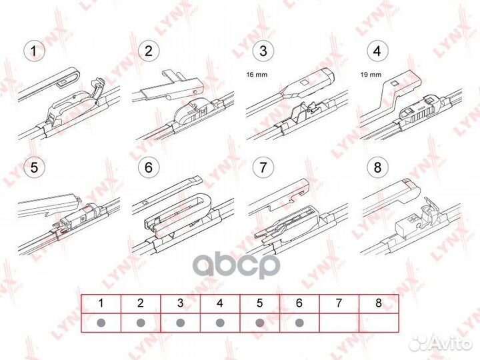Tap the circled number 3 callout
coord(264,50)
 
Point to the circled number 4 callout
coord(378,50)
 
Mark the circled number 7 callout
coord(264,167)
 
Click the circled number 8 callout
coord(378,167)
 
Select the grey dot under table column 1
coord(101,323)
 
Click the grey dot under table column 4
coord(220,323)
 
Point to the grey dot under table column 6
coord(299,323)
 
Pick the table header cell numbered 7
coord(339,303)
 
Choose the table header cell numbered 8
coord(379,303)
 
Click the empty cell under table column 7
coord(339,323)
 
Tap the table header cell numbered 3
coord(180,303)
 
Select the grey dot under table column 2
coord(141,323)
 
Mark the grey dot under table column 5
coord(260,323)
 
